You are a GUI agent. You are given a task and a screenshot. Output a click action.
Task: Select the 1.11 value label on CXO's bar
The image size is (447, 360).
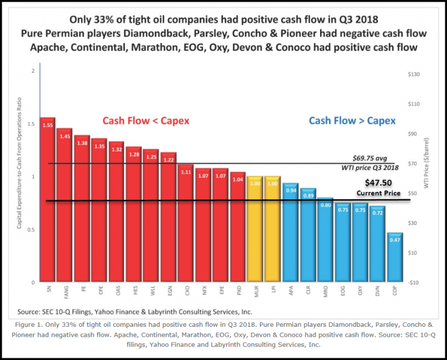tap(186, 172)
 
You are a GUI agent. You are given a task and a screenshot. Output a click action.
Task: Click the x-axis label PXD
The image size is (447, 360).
tap(237, 289)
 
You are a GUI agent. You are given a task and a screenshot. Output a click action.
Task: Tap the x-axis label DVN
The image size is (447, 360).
tap(377, 289)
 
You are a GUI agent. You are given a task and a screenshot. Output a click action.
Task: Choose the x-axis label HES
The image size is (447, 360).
tap(133, 289)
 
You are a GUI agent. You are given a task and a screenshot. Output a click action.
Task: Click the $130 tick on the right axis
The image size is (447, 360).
tap(416, 75)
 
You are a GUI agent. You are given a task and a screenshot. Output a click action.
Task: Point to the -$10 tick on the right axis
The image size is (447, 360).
tap(414, 283)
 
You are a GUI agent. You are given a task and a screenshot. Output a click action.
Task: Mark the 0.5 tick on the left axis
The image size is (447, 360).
tap(32, 230)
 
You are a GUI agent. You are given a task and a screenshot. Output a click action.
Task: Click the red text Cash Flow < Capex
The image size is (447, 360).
tap(146, 121)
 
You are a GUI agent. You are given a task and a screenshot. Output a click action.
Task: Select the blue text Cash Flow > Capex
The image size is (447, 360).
tap(352, 121)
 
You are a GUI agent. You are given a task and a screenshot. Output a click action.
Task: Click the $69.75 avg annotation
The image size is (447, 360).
tap(372, 158)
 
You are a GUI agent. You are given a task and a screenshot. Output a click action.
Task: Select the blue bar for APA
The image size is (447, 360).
tap(289, 232)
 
